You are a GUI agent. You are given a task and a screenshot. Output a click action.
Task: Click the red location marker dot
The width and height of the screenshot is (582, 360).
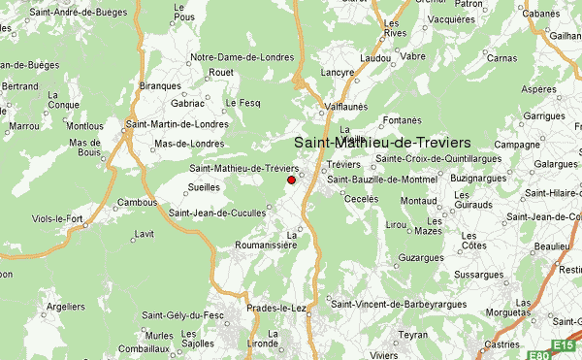point(291,180)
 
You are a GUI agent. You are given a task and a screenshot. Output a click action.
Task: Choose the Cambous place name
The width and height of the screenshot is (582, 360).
point(138,202)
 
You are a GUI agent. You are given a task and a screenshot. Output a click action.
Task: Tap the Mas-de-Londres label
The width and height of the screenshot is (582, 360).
point(190,144)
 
